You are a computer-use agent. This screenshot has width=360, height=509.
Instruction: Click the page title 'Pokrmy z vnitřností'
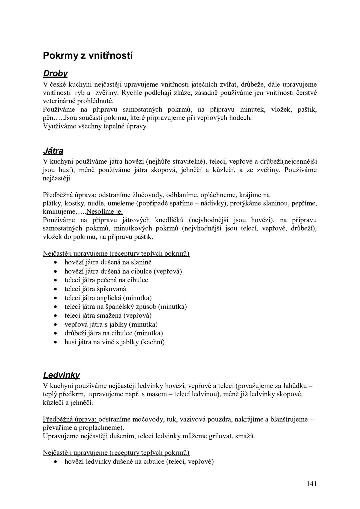tap(88, 56)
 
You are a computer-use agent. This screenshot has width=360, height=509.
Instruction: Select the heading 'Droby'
tap(55, 73)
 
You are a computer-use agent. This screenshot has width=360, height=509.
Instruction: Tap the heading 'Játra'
tap(53, 151)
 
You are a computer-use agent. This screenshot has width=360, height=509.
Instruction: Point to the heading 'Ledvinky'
tap(61, 375)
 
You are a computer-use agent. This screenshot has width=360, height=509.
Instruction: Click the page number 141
tap(311, 484)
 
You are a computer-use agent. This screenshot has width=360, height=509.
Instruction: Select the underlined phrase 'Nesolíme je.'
tap(104, 212)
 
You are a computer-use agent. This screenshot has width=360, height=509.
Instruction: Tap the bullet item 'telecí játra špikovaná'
tap(95, 289)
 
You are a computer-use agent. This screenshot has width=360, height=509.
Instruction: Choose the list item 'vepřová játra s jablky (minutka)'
tap(111, 324)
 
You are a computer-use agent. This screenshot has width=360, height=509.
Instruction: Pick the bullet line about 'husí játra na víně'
tap(114, 342)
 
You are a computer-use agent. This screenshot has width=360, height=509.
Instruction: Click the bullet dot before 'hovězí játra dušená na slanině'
tap(57, 263)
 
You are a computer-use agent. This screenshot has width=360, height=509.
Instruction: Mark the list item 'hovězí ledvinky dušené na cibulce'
tap(139, 462)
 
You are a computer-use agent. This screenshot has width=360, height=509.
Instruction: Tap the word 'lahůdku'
tap(295, 386)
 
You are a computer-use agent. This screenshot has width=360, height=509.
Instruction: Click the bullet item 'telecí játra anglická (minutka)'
tap(108, 298)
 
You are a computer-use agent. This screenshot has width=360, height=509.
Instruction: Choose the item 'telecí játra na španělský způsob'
tap(125, 307)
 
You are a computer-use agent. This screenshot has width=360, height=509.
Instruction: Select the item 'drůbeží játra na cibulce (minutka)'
tap(113, 333)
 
